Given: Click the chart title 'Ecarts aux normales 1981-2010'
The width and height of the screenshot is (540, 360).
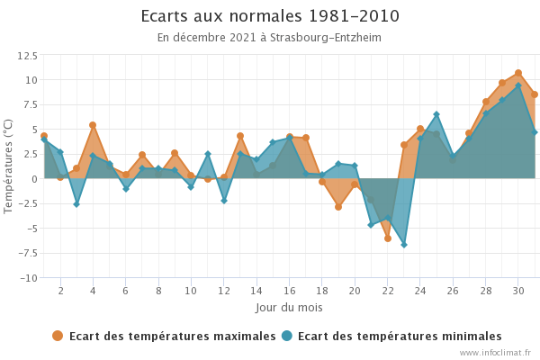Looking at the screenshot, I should click(270, 17).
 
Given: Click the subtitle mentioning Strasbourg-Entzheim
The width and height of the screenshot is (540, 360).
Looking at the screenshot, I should click(270, 38).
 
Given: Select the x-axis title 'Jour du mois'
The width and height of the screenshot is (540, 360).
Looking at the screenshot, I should click(289, 308).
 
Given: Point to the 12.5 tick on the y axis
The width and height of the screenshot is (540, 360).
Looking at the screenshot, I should click(27, 56).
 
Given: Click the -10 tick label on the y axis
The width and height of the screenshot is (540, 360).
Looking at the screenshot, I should click(27, 277).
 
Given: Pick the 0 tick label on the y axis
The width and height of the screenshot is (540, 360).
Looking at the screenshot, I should click(33, 179).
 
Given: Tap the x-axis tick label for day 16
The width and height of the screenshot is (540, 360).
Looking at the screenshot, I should click(290, 292).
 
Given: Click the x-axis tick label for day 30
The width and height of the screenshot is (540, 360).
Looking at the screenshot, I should click(518, 292).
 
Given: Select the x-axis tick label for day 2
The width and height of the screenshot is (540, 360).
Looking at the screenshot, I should click(60, 292).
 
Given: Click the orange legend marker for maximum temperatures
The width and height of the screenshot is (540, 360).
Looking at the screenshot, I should click(58, 337).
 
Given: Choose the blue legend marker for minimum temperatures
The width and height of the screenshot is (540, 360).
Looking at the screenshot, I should click(287, 337).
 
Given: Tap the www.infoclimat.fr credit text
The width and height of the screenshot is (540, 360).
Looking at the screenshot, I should click(495, 353).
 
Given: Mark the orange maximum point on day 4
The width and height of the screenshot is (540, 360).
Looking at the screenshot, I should click(93, 125).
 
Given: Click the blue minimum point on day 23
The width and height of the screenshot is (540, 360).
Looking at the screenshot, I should click(404, 245).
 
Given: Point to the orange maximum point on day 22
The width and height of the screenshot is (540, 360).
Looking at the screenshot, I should click(388, 238).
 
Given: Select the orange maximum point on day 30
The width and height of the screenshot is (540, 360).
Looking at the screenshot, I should click(518, 73).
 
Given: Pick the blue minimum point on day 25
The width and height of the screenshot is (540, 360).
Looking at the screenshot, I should click(436, 114).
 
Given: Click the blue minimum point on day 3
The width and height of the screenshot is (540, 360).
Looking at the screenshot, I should click(76, 204).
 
